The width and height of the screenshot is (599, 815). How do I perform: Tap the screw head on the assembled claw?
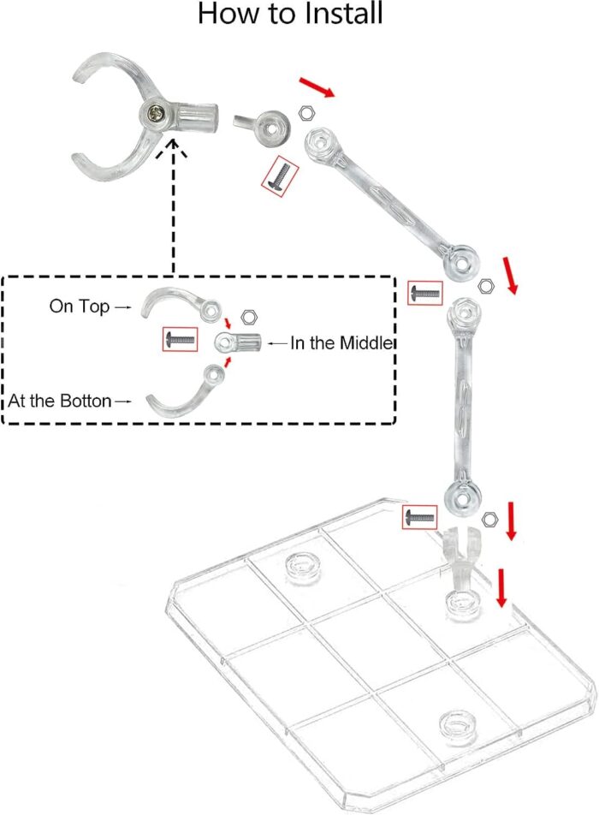(x=156, y=112)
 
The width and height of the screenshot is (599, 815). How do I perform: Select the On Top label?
(x=80, y=306)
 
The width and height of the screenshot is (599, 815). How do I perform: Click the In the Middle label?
(x=341, y=343)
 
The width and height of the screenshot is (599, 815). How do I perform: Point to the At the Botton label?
(x=60, y=402)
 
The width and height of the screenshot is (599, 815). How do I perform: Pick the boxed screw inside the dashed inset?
(x=181, y=340)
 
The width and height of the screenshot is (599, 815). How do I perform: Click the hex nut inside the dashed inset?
(x=249, y=317)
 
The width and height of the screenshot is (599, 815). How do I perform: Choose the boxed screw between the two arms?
(x=425, y=293)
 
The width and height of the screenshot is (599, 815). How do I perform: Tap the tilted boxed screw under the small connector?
(x=280, y=175)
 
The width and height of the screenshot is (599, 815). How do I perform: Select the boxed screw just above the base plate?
(x=420, y=517)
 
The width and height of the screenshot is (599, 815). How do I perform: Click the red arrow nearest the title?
(x=317, y=87)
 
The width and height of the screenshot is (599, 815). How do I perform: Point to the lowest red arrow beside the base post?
(x=501, y=587)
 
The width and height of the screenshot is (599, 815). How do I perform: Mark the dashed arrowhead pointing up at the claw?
(x=173, y=148)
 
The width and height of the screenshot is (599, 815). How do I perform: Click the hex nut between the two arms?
(x=486, y=286)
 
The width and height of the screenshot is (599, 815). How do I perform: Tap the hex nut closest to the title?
(x=307, y=112)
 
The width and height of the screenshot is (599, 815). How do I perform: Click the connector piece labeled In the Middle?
(x=237, y=342)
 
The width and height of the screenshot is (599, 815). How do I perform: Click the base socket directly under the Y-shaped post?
(x=461, y=604)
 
